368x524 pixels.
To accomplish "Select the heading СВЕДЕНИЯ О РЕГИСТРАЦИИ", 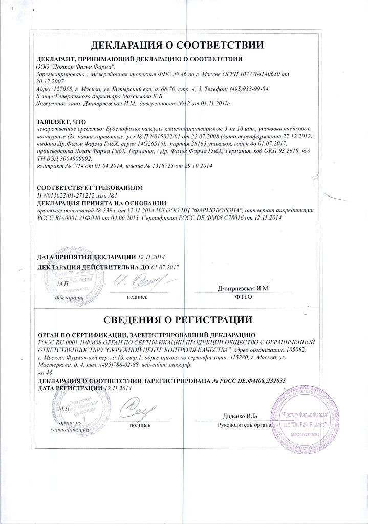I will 185,321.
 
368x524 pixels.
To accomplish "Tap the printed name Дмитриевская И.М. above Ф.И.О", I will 243,289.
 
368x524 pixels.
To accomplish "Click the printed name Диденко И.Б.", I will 240,416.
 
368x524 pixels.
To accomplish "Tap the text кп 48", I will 45,374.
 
